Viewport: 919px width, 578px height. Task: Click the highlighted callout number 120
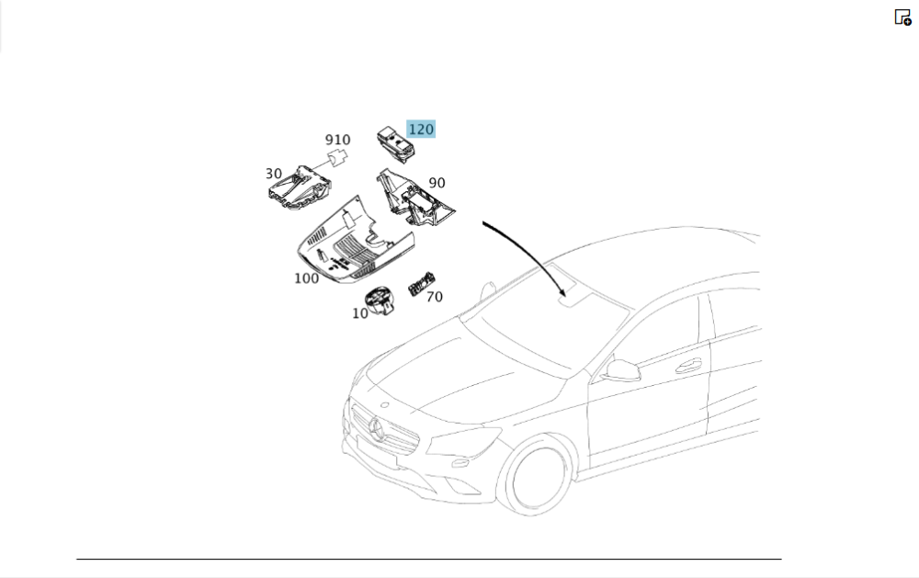point(421,130)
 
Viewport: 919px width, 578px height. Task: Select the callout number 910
point(337,141)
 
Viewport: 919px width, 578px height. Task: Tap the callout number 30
point(274,174)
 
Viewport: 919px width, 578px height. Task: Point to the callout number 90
point(437,184)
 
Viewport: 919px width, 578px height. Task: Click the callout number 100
point(307,278)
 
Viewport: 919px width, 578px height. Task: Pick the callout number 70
point(434,297)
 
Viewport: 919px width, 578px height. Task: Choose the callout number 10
point(359,312)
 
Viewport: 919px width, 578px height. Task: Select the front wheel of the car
point(538,475)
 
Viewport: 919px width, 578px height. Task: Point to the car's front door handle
point(687,366)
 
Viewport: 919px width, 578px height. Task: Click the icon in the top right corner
point(902,17)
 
